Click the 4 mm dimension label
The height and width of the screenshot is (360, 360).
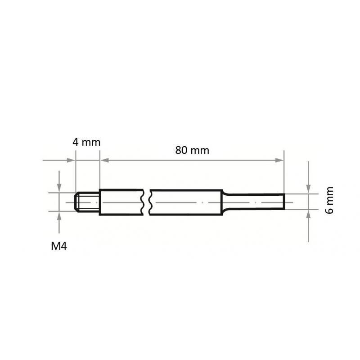[x=86, y=142]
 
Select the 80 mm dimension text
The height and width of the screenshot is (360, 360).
[x=192, y=150]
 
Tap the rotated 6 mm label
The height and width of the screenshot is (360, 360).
[x=331, y=200]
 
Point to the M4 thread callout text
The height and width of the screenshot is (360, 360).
[x=59, y=246]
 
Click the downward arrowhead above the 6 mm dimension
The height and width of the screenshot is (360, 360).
[x=308, y=189]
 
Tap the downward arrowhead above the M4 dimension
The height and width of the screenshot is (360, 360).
[x=59, y=189]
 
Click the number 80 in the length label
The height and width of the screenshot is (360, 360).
[x=181, y=150]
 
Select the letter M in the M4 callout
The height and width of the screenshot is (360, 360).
[x=55, y=246]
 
